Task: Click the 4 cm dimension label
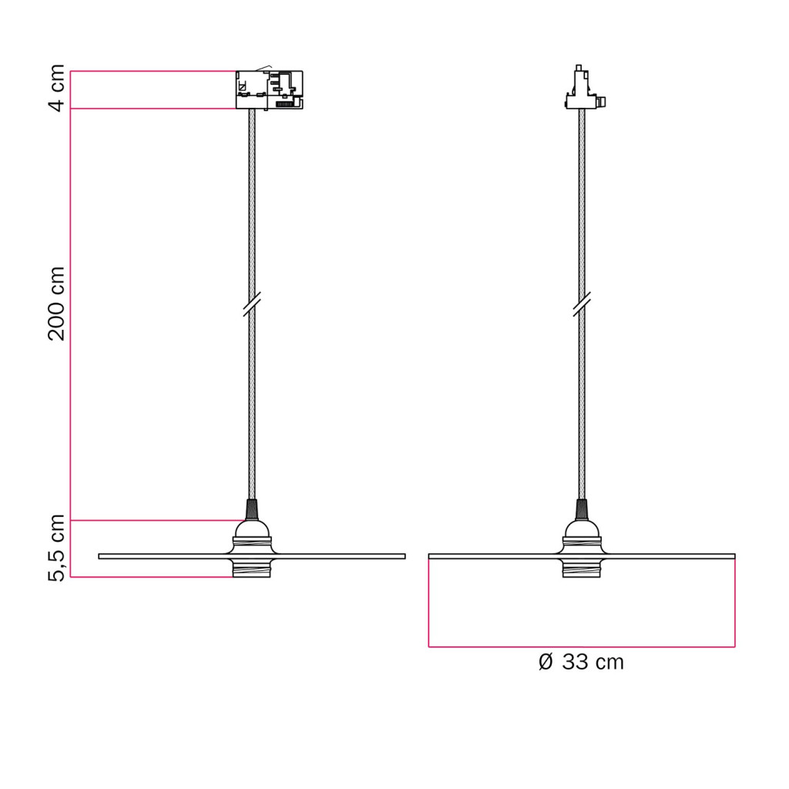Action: (57, 88)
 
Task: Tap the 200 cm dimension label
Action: (57, 304)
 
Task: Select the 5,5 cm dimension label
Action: (57, 549)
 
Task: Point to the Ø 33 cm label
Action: (581, 662)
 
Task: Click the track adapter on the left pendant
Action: (269, 89)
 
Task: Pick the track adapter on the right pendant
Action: (584, 88)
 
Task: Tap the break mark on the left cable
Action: (252, 304)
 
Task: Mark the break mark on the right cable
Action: (582, 304)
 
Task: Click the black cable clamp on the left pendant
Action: (252, 509)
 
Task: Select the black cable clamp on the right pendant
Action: (582, 509)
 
